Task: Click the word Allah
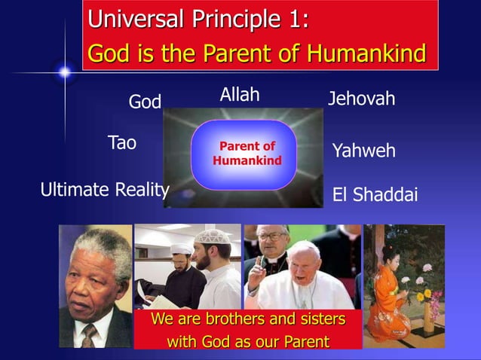(240, 95)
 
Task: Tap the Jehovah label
(361, 99)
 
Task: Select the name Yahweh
(363, 151)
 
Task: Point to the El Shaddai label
(375, 195)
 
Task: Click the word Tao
(122, 142)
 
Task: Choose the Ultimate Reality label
(104, 189)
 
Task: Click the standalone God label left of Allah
(145, 102)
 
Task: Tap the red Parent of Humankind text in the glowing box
(247, 153)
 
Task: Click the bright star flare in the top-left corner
(65, 72)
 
